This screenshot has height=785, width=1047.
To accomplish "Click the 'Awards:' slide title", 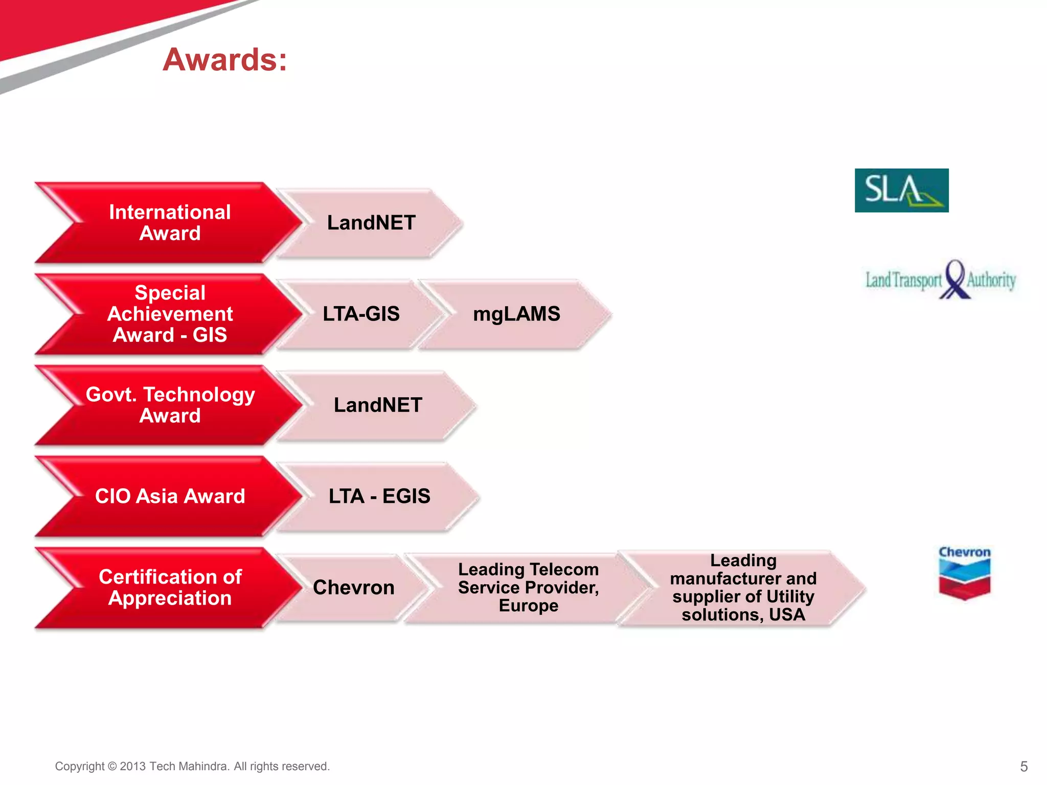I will [225, 59].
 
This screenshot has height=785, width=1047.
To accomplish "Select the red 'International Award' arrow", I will [170, 223].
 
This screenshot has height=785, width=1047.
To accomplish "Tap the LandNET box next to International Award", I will [371, 223].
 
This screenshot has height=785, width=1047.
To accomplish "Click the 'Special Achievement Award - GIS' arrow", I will [170, 314].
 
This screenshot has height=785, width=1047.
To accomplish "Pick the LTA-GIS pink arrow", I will [361, 314].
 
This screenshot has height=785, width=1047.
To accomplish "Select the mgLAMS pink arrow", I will [516, 314].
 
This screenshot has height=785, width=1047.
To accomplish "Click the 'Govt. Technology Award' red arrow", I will [170, 405].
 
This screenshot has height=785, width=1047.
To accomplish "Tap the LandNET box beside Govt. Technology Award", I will [378, 405].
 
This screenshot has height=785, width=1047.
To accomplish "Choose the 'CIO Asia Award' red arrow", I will [170, 496].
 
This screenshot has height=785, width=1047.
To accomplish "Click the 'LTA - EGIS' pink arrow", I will [379, 496].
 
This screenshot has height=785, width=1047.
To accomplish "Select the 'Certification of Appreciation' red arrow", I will [170, 587].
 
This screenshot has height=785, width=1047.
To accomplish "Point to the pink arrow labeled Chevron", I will [353, 587].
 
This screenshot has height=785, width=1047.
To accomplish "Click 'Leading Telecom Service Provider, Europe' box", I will [528, 587].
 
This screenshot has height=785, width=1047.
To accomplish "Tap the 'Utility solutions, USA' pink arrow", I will [743, 587].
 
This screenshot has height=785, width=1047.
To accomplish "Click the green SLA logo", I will [901, 190].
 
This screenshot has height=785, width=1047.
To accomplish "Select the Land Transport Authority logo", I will [940, 280].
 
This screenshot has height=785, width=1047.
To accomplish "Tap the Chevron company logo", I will [964, 572].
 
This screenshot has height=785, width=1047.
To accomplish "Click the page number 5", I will [1023, 766].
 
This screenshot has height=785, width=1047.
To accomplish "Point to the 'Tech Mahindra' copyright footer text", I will [192, 766].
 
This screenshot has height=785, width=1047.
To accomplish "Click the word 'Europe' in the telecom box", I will [528, 606].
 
